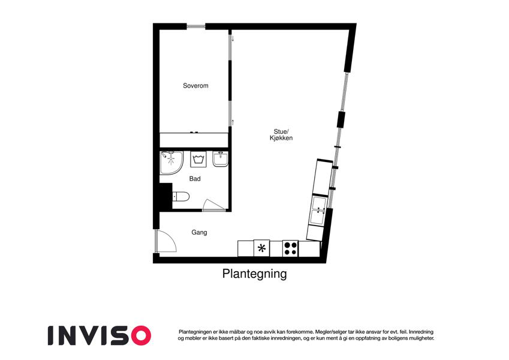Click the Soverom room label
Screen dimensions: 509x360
click(195, 86)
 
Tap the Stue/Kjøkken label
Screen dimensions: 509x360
click(281, 134)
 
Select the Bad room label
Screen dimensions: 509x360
click(195, 179)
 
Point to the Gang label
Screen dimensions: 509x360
click(199, 232)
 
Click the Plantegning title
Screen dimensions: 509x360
click(254, 274)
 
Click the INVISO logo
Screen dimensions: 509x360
click(100, 335)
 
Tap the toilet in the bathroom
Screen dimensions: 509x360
click(180, 197)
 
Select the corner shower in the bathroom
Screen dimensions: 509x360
click(171, 162)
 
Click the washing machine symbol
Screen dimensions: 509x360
click(198, 159)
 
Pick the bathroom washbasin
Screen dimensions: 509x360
click(221, 159)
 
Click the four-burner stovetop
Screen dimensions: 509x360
click(291, 248)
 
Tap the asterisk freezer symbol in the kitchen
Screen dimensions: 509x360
click(261, 248)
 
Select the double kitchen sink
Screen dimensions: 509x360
click(318, 210)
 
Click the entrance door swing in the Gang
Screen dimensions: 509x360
click(166, 241)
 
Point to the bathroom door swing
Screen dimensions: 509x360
click(213, 205)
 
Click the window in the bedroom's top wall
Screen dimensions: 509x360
click(196, 26)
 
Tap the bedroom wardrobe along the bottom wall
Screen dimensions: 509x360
click(194, 140)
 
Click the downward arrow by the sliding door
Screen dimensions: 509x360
click(233, 38)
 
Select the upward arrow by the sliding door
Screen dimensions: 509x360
click(233, 122)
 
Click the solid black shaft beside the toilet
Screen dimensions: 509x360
click(165, 196)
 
